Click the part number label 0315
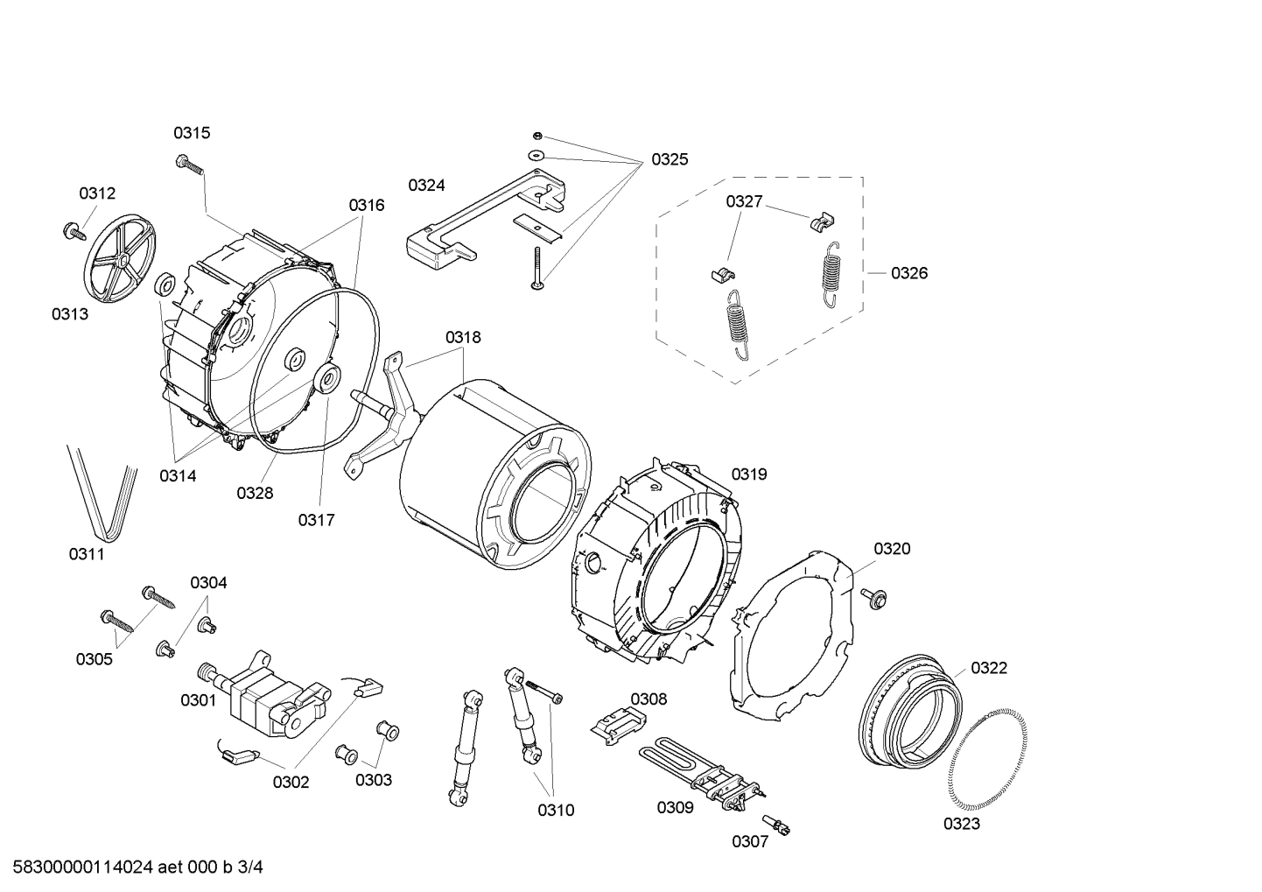(x=191, y=133)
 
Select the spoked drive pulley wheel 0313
(x=121, y=259)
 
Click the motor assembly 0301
(x=263, y=692)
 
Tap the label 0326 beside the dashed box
(x=909, y=273)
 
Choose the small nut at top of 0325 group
(x=537, y=136)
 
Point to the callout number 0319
(x=749, y=474)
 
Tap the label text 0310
(x=556, y=811)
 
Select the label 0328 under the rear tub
(x=255, y=494)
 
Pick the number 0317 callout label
(x=316, y=521)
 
